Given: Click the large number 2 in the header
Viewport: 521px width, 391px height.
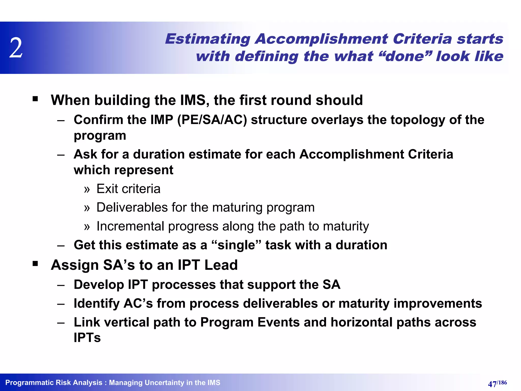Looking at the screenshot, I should (16, 48).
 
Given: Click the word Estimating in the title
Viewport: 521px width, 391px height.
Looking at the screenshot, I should (208, 39).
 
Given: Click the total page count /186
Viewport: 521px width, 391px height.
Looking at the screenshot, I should (502, 382).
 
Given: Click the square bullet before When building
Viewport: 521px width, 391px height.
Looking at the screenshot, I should (35, 99).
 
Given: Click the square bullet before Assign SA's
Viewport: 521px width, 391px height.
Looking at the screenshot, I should (35, 264).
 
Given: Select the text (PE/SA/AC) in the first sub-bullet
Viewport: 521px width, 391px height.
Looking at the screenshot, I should (212, 120).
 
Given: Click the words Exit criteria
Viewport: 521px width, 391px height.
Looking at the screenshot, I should (128, 189).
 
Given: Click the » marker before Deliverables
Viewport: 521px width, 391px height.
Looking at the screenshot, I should (87, 208).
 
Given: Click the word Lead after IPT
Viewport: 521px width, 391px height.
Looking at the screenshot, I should (221, 265).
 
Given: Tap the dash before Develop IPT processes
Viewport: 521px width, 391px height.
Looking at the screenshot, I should (61, 285).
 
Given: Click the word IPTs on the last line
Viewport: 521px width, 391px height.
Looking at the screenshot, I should (87, 338).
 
